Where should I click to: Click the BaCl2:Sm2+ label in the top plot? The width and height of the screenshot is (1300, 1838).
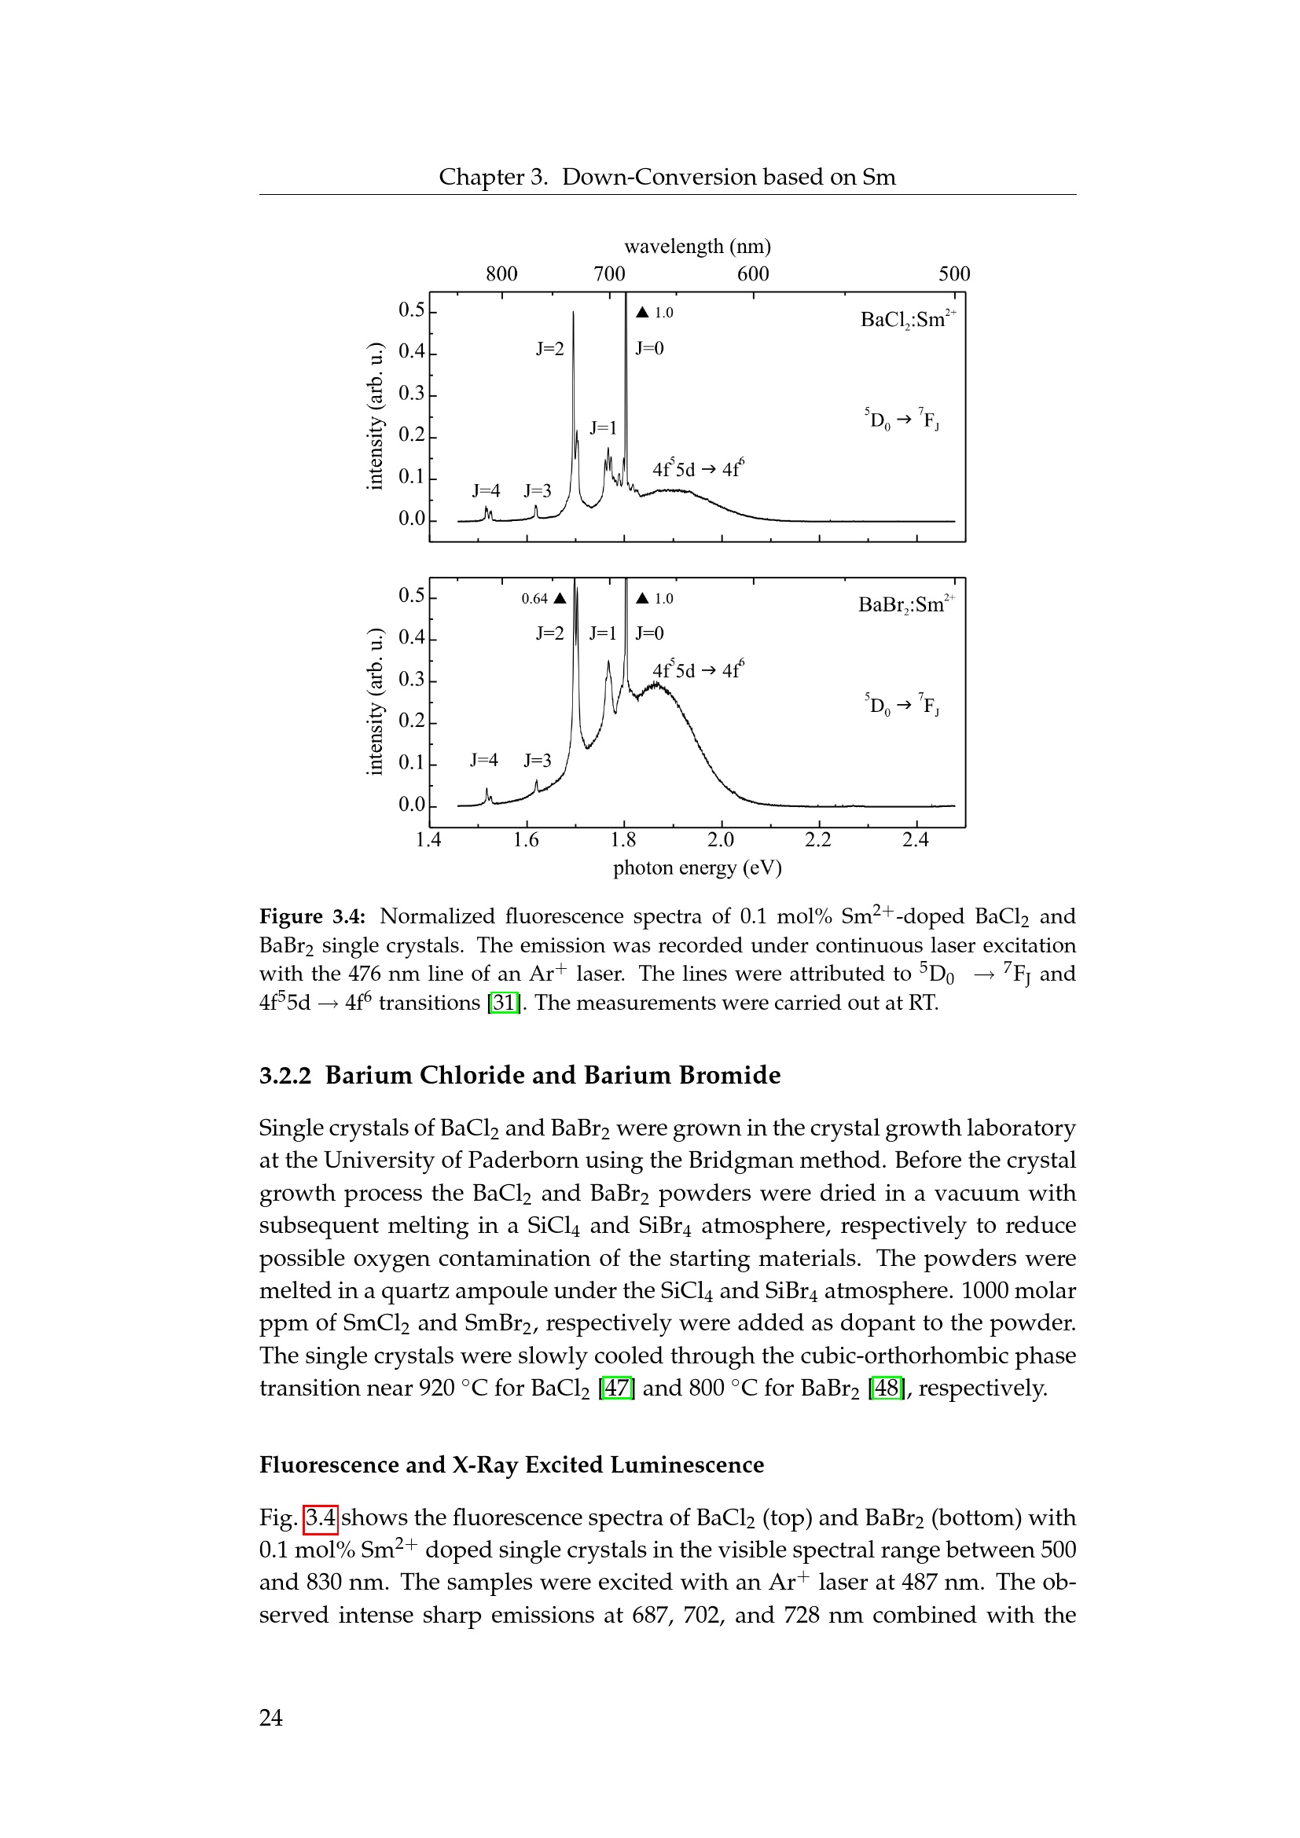[907, 319]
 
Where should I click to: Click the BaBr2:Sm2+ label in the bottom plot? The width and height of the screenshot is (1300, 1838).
[905, 604]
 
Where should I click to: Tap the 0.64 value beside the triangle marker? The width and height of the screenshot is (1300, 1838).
[534, 599]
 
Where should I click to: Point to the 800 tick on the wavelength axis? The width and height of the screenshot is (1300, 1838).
[502, 273]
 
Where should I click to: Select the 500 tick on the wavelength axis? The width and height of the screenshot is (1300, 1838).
[954, 273]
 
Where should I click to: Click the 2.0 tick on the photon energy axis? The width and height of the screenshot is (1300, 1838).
[721, 840]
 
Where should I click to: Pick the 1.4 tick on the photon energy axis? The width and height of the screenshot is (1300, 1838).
[429, 840]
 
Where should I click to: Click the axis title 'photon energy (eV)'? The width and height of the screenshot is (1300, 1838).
[697, 868]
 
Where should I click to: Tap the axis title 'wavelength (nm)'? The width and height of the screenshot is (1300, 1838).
[697, 247]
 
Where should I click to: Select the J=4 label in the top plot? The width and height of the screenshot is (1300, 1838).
[486, 490]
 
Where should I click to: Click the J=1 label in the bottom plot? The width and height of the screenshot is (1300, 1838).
[603, 633]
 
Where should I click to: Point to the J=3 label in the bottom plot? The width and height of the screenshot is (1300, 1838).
[537, 761]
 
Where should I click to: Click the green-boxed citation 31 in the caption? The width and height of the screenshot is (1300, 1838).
[505, 1002]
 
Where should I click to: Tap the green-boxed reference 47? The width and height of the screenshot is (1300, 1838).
[616, 1387]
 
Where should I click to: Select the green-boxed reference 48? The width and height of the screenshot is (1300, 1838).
[886, 1387]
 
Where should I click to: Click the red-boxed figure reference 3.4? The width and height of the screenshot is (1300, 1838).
[321, 1517]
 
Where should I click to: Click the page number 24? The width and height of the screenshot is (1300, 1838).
[270, 1717]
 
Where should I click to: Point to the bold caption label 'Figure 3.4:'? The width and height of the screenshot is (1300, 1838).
[312, 915]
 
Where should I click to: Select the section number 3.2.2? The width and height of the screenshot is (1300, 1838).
[285, 1075]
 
